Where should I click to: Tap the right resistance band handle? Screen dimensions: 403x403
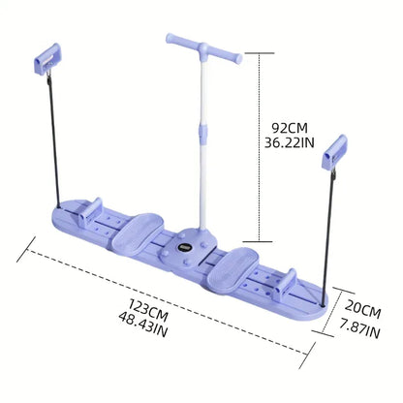[347, 150]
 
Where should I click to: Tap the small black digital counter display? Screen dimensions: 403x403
[193, 245]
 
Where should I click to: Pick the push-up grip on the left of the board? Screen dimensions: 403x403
[90, 208]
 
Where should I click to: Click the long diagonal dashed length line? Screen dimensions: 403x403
[165, 290]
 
